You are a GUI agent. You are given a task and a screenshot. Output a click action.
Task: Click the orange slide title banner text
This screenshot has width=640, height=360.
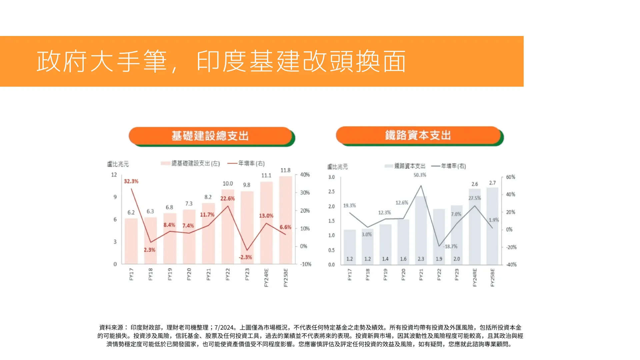tap(221, 62)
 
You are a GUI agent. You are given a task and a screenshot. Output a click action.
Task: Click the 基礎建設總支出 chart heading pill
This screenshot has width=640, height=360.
tap(210, 136)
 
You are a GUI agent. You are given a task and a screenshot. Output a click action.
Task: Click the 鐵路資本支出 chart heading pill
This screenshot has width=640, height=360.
tap(418, 135)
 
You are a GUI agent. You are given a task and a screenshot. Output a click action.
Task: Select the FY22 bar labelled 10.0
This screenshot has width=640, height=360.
tap(228, 227)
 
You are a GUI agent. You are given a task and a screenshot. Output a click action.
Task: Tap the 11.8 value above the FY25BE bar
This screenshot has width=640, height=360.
tap(285, 170)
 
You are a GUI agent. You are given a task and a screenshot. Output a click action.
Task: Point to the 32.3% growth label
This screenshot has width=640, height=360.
tap(131, 181)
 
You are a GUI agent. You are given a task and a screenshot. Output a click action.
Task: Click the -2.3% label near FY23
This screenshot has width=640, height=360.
tap(245, 257)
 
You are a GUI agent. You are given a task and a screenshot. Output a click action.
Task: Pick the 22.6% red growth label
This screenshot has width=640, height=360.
tap(227, 199)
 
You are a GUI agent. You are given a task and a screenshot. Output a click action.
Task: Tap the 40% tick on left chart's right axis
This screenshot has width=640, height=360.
tap(305, 175)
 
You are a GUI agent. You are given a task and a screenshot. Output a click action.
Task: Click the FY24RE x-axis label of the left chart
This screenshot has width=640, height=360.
tap(266, 277)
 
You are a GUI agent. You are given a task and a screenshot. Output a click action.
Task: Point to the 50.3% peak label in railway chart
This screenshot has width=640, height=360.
tap(420, 175)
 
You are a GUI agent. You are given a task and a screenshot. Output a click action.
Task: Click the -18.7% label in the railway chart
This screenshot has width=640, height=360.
tap(450, 247)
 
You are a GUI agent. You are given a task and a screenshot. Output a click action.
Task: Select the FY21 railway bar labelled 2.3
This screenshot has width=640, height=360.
tap(421, 230)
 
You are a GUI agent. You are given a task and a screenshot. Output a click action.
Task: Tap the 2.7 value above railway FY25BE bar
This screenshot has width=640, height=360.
tap(492, 183)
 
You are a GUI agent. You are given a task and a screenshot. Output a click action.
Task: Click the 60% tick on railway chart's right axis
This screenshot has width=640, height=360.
tap(510, 177)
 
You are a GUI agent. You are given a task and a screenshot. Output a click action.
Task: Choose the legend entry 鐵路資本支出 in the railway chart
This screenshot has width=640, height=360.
tap(410, 166)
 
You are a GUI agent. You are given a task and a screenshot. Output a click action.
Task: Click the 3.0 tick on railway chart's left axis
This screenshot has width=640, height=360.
tap(331, 177)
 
